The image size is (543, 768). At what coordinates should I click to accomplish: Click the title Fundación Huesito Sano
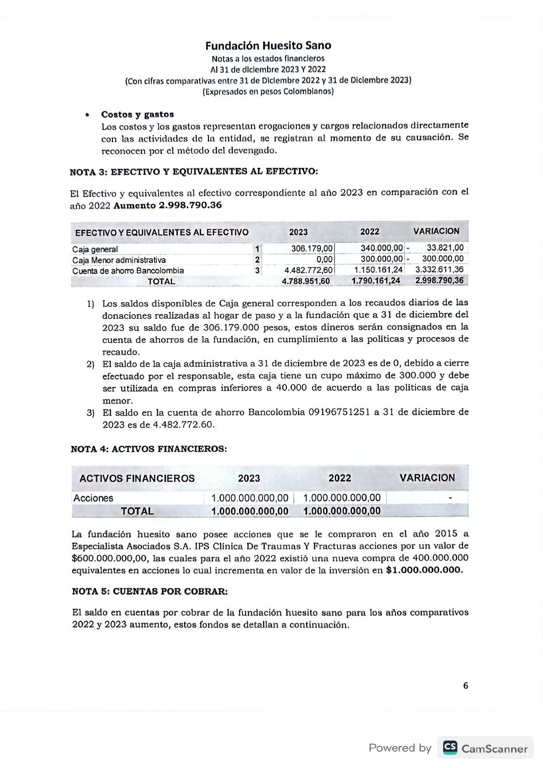pyautogui.click(x=268, y=46)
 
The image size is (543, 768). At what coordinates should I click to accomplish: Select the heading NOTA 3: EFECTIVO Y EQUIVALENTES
pyautogui.click(x=194, y=172)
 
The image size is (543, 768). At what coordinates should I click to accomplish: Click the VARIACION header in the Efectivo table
pyautogui.click(x=436, y=231)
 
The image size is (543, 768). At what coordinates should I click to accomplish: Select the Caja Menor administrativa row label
pyautogui.click(x=119, y=260)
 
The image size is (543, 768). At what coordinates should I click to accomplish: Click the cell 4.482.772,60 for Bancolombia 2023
pyautogui.click(x=308, y=270)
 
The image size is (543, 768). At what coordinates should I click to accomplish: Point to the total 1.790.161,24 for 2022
pyautogui.click(x=376, y=281)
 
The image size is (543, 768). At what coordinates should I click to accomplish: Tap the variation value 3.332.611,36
pyautogui.click(x=439, y=270)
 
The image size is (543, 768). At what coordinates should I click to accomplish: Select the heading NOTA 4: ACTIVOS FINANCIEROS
pyautogui.click(x=149, y=449)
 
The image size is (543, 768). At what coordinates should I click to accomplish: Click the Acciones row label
pyautogui.click(x=93, y=498)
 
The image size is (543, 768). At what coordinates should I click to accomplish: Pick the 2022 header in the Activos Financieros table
pyautogui.click(x=340, y=478)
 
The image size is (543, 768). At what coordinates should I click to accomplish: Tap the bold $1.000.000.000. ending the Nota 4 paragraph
pyautogui.click(x=424, y=570)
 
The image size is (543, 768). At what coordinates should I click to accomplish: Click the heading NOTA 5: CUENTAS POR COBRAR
pyautogui.click(x=150, y=592)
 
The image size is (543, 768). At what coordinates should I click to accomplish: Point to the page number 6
pyautogui.click(x=465, y=686)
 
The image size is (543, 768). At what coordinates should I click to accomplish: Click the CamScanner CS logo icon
pyautogui.click(x=450, y=748)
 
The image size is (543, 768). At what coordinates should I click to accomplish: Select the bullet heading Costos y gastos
pyautogui.click(x=138, y=115)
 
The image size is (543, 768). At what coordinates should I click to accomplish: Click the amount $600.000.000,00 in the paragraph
pyautogui.click(x=110, y=558)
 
